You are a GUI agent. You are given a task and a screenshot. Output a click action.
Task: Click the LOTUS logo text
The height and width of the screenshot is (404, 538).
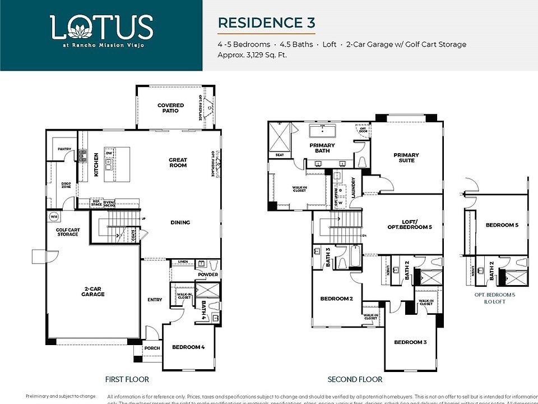click(x=101, y=27)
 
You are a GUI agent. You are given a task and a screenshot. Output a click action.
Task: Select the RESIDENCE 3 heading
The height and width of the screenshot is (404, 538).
click(x=266, y=23)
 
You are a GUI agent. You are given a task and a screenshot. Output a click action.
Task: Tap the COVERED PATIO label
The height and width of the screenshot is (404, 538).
click(x=170, y=108)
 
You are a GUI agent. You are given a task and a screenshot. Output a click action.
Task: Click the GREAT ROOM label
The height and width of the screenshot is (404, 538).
click(x=178, y=163)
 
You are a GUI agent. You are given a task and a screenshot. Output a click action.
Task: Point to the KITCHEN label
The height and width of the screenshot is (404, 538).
click(x=96, y=164)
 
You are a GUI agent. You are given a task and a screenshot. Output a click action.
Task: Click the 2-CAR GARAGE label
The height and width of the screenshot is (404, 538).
click(x=92, y=291)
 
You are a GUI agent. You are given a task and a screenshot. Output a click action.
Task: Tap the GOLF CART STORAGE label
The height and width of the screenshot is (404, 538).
click(x=67, y=232)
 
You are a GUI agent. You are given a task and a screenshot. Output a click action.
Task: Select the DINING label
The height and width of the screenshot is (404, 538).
click(x=180, y=223)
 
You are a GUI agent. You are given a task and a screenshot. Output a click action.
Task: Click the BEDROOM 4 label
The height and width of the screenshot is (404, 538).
click(x=188, y=347)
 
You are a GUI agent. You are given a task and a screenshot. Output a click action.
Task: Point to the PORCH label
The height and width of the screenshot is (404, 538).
click(x=152, y=348)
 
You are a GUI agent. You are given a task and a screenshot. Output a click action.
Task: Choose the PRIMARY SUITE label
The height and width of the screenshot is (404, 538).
click(x=406, y=158)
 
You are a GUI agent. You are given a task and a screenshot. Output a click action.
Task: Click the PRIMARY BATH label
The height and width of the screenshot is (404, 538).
click(x=322, y=148)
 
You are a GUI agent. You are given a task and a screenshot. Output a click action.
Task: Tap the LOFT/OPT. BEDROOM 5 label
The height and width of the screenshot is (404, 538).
click(x=409, y=224)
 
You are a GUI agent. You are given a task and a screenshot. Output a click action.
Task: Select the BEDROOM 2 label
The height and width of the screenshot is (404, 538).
click(x=336, y=299)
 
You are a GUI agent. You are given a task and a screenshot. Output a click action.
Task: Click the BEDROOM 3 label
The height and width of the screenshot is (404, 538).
click(x=410, y=342)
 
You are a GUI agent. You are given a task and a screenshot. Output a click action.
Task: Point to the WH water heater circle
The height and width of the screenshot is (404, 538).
click(x=54, y=216)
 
